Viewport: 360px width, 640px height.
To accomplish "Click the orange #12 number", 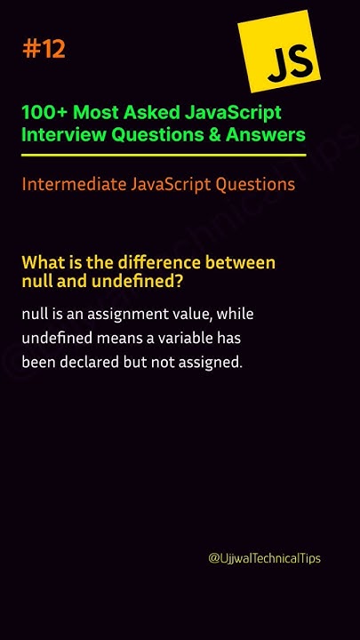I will pos(44,50).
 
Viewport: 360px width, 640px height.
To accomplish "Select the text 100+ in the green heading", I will pos(44,113).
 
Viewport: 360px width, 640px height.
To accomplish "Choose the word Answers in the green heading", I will pos(268,134).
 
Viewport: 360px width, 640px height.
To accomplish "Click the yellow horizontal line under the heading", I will pos(164,155).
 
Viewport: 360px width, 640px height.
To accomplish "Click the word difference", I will pos(156,263).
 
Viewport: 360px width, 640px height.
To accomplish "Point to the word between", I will pos(240,263).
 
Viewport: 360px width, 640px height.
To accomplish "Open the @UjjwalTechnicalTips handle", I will pos(264,558).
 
